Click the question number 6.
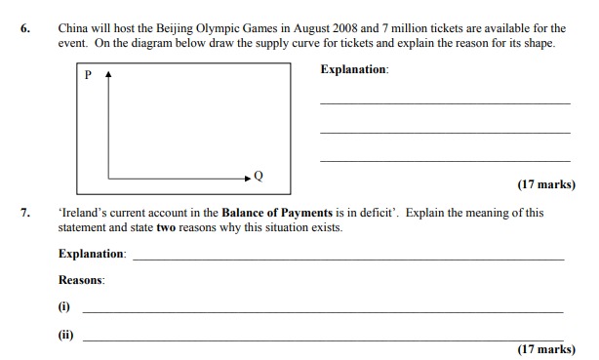click(25, 29)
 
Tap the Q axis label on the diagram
click(259, 177)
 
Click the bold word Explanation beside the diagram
click(353, 70)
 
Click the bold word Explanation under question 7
click(92, 254)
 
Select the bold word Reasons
click(81, 280)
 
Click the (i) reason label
click(64, 306)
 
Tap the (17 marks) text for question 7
click(546, 349)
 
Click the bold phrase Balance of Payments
click(277, 213)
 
